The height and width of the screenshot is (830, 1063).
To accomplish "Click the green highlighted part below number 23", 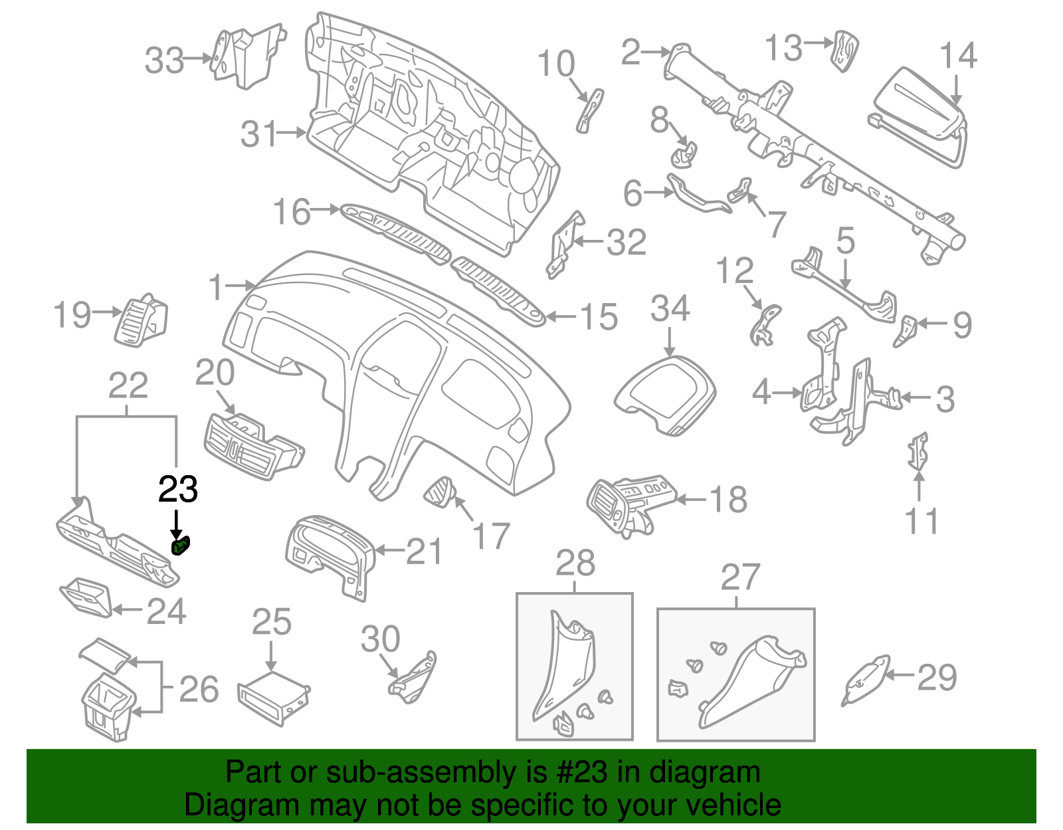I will [x=181, y=547].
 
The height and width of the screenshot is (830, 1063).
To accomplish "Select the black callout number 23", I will [x=178, y=490].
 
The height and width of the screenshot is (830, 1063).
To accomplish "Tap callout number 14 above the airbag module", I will [x=958, y=56].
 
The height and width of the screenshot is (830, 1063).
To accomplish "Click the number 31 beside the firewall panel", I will [x=258, y=135].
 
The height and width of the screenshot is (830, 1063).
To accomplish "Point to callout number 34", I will [x=670, y=309].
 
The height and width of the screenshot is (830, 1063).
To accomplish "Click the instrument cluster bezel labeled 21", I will [x=329, y=551].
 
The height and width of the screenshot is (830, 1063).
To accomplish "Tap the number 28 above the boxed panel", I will [x=575, y=564].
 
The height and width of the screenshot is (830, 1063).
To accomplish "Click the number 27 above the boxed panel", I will [x=740, y=577].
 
